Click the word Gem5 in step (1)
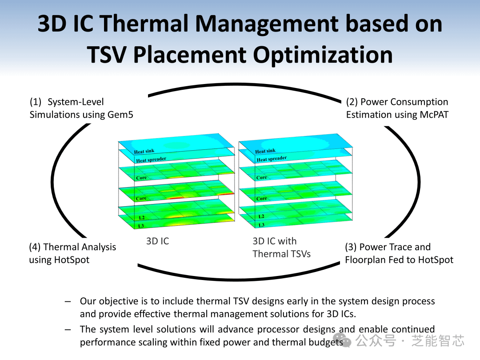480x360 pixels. (x=120, y=115)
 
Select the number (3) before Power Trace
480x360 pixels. (x=351, y=247)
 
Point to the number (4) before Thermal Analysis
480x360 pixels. (x=35, y=247)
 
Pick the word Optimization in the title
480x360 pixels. (x=323, y=55)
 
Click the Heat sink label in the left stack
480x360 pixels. (x=144, y=151)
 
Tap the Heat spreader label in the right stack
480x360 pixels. (x=272, y=159)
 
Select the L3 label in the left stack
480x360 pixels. (x=141, y=226)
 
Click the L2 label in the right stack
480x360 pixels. (x=261, y=216)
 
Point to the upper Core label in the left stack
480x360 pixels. (x=141, y=178)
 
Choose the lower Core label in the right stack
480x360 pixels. (x=262, y=198)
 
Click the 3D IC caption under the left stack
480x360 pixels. (x=157, y=241)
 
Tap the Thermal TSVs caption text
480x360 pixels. (x=282, y=254)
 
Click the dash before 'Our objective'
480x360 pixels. (x=68, y=301)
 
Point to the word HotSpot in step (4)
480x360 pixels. (x=72, y=260)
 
